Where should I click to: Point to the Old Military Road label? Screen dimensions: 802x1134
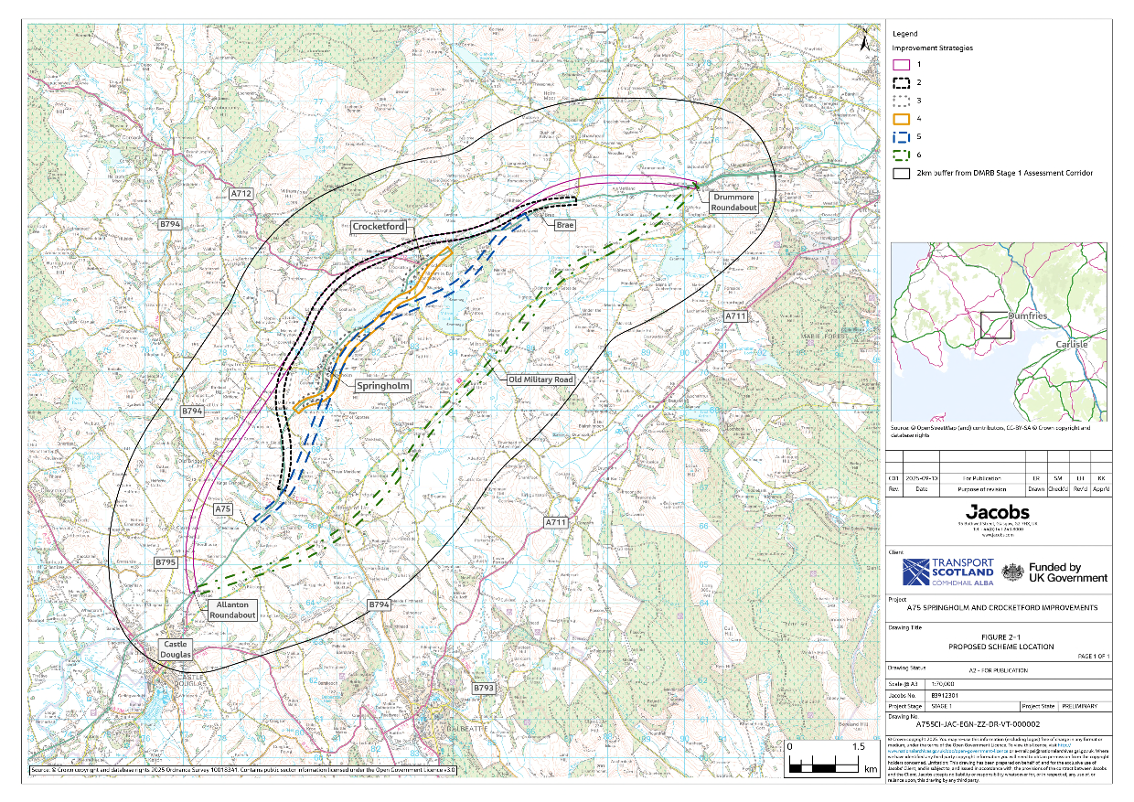point(540,379)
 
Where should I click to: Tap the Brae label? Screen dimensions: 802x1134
point(564,224)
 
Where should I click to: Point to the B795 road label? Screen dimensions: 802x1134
point(165,562)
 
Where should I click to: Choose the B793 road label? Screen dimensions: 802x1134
point(484,688)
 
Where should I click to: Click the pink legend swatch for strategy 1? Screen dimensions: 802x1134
point(901,65)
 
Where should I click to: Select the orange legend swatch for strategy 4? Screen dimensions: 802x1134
point(901,119)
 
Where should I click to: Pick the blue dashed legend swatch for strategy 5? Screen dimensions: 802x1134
point(901,137)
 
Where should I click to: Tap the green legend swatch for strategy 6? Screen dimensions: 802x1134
point(901,155)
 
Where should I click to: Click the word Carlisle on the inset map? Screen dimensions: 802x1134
point(1072,344)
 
